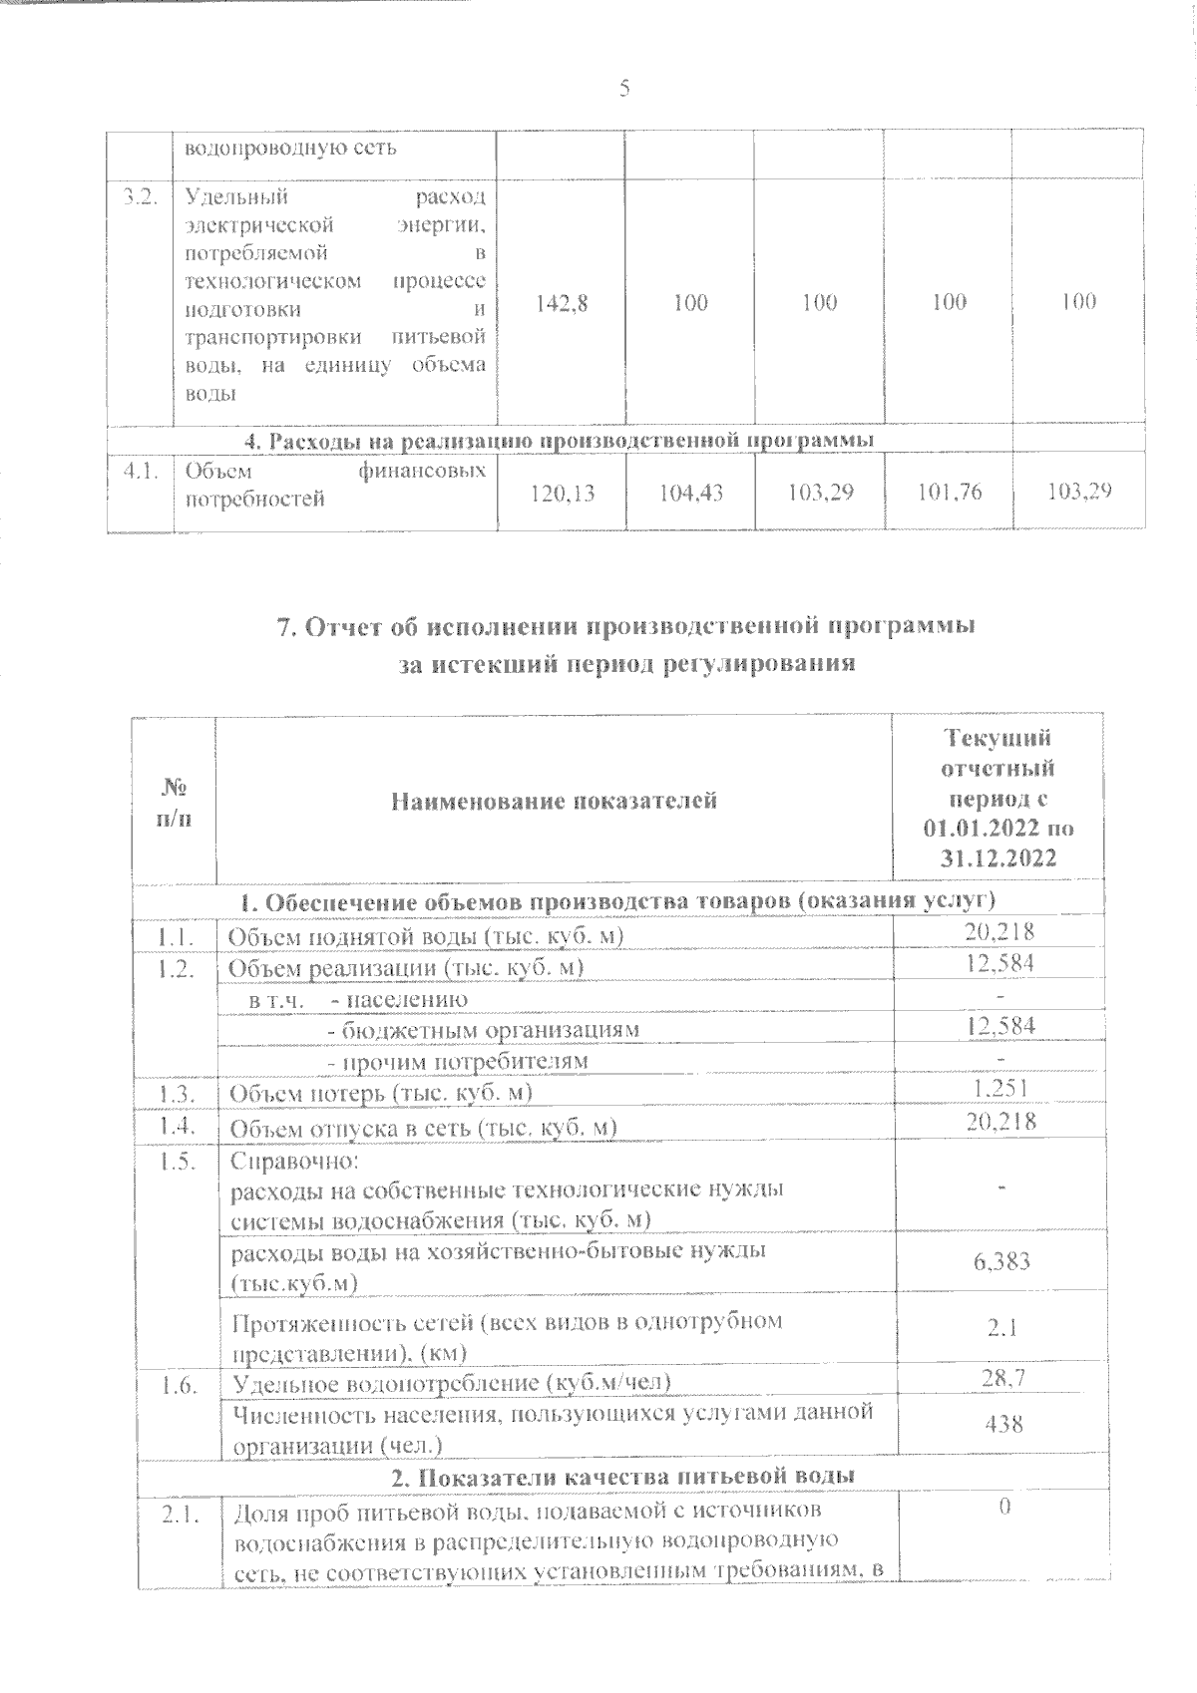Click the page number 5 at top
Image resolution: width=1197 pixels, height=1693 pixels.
pyautogui.click(x=624, y=90)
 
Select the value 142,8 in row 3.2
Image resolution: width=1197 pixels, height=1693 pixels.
pyautogui.click(x=561, y=302)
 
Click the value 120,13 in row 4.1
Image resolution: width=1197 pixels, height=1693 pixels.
pyautogui.click(x=561, y=491)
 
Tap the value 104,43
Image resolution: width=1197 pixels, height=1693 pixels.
pyautogui.click(x=690, y=491)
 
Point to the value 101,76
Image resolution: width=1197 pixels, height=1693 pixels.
pyautogui.click(x=948, y=491)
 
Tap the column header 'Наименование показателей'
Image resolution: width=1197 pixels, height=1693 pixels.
pyautogui.click(x=554, y=800)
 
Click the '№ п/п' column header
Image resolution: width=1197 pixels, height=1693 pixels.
pyautogui.click(x=176, y=801)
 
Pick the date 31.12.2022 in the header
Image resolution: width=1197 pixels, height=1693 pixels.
pyautogui.click(x=998, y=858)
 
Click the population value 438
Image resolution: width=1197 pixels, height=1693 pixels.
pyautogui.click(x=1002, y=1424)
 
